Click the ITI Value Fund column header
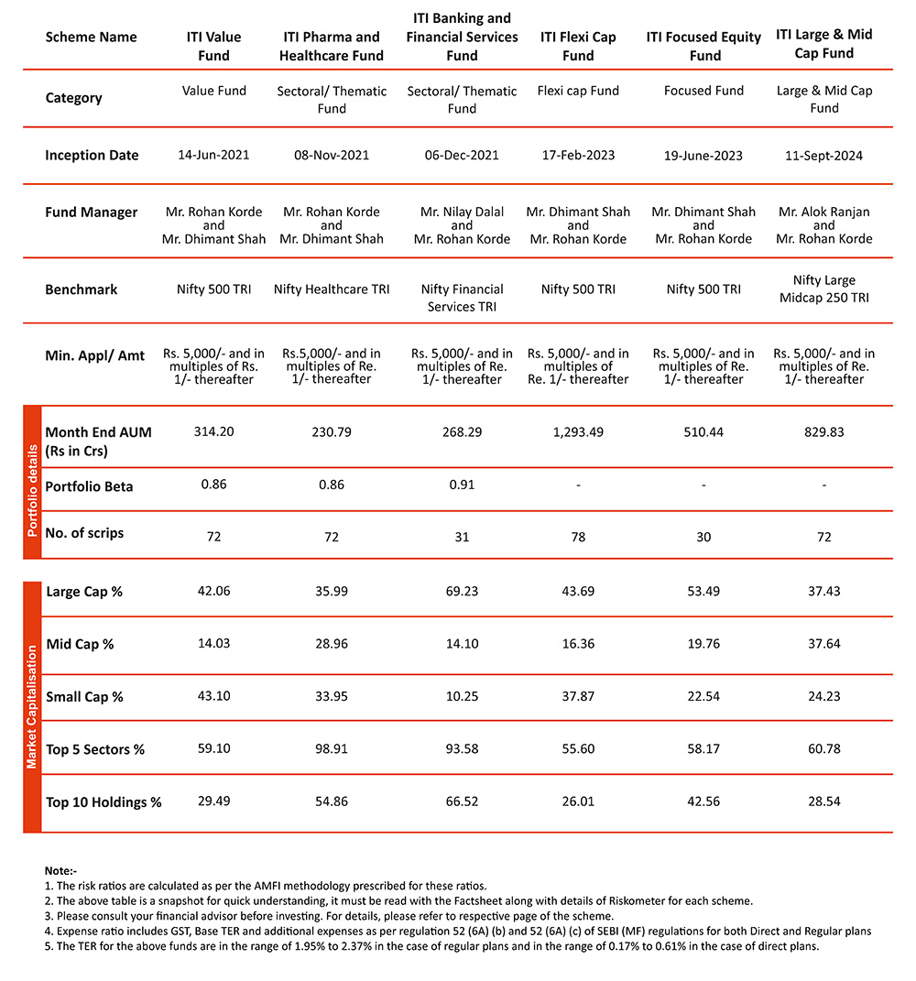pyautogui.click(x=213, y=46)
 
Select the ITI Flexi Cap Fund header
pyautogui.click(x=578, y=46)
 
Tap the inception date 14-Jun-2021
pyautogui.click(x=213, y=155)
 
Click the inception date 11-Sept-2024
pyautogui.click(x=824, y=155)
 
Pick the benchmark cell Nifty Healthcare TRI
pyautogui.click(x=332, y=289)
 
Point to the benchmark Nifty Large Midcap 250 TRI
pyautogui.click(x=824, y=289)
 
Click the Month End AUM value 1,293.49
pyautogui.click(x=578, y=432)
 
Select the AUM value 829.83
pyautogui.click(x=824, y=432)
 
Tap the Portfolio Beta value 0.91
pyautogui.click(x=462, y=485)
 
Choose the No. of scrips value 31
pyautogui.click(x=462, y=537)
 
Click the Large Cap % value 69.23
pyautogui.click(x=462, y=592)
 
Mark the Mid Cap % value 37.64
pyautogui.click(x=824, y=644)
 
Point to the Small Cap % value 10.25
pyautogui.click(x=462, y=696)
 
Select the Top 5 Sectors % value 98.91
pyautogui.click(x=332, y=749)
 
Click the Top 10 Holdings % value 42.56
pyautogui.click(x=703, y=801)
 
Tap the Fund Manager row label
pyautogui.click(x=92, y=213)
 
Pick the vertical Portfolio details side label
pyautogui.click(x=32, y=483)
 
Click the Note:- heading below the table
pyautogui.click(x=61, y=869)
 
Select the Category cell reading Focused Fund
pyautogui.click(x=703, y=91)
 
